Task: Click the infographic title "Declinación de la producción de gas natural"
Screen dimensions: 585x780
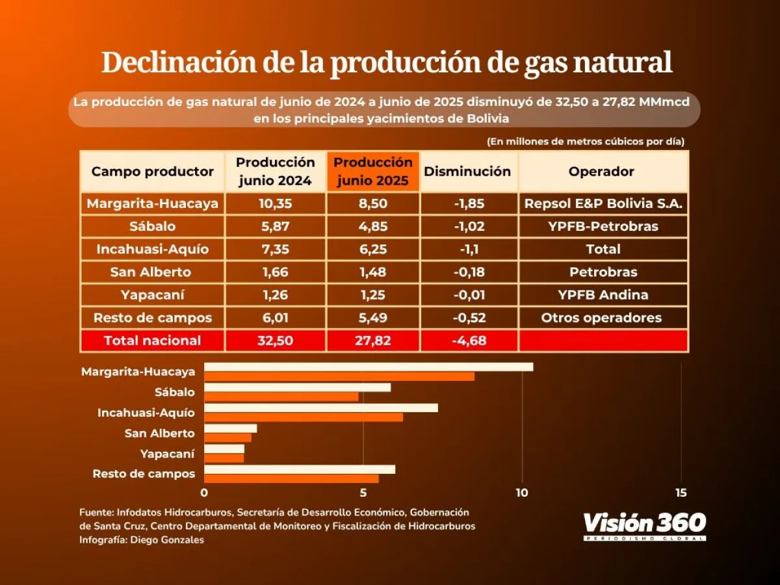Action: (387, 63)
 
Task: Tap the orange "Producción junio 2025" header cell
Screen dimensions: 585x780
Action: (373, 171)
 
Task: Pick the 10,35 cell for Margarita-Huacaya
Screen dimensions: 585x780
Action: (275, 204)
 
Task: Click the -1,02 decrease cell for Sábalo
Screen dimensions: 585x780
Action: (468, 226)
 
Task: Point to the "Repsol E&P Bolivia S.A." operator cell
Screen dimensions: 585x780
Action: (603, 204)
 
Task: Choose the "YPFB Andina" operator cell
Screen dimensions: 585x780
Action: (603, 294)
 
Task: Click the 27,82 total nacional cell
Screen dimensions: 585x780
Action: (372, 341)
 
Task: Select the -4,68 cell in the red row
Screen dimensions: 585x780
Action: (468, 341)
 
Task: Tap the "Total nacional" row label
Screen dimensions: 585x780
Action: (153, 341)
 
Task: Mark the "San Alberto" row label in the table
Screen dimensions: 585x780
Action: (152, 272)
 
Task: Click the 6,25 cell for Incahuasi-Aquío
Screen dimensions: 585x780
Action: (372, 249)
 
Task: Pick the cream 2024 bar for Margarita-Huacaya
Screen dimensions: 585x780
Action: (369, 367)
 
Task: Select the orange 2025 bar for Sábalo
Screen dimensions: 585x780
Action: (281, 396)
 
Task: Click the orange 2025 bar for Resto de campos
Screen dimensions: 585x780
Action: (291, 478)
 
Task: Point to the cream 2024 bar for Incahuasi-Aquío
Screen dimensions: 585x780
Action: (321, 408)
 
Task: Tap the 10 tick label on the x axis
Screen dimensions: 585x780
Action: (521, 493)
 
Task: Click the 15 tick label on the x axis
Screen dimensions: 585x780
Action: (681, 493)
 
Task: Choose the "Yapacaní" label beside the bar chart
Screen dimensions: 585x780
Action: (167, 453)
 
